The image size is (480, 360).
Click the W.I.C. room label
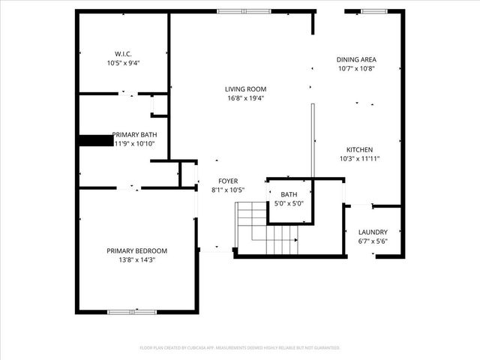[x=124, y=54]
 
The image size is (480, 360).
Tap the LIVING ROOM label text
[x=246, y=88]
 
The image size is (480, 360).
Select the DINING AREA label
[x=355, y=59]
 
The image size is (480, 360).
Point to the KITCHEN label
[x=359, y=149]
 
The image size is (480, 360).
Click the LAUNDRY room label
[x=373, y=232]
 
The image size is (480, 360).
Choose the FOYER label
[x=228, y=181]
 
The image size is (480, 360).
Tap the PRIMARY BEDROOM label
[x=136, y=250]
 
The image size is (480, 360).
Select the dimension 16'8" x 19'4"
[x=246, y=97]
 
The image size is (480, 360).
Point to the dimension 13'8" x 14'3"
[x=136, y=259]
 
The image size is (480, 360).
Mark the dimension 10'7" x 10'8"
[x=355, y=68]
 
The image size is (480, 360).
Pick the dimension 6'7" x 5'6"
[x=373, y=241]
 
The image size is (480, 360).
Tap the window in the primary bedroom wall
[x=131, y=311]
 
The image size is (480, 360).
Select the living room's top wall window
[x=244, y=11]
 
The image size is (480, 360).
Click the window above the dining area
[x=374, y=11]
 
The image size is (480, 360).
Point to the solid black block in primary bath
[x=95, y=140]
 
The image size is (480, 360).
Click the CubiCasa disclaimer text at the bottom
[x=240, y=348]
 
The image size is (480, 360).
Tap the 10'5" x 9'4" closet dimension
[x=124, y=63]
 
